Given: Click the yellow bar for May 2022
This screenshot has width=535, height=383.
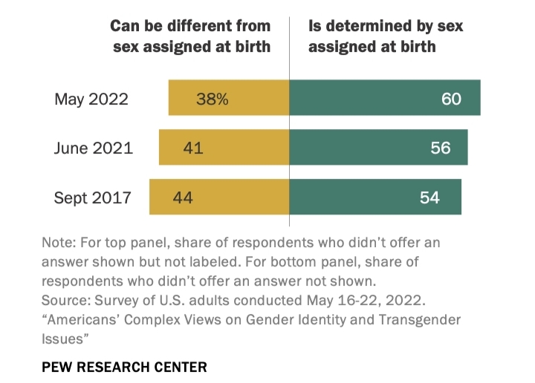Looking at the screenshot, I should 229,98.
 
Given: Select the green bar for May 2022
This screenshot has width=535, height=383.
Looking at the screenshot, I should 385,98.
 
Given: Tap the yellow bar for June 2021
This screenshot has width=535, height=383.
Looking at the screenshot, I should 224,148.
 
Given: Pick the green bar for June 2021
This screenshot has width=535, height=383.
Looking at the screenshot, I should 378,148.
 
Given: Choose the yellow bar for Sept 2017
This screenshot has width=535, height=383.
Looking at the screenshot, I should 219,197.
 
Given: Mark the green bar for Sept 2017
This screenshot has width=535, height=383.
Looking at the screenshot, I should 375,197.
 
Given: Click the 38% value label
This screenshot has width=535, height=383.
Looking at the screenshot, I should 212,98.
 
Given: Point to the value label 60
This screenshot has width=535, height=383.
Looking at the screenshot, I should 451,98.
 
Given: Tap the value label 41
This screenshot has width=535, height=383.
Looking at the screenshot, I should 192,148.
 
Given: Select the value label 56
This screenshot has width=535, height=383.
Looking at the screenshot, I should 440,148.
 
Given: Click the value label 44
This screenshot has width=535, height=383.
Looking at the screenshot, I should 184,197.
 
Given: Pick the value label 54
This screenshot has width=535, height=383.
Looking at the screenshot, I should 429,197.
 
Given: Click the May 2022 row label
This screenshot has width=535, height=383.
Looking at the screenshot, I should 91,99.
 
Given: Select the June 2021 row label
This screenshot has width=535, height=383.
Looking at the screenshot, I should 93,148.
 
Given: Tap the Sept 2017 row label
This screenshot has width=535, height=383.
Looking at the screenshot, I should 93,197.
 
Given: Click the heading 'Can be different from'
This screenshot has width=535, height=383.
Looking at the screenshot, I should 190,26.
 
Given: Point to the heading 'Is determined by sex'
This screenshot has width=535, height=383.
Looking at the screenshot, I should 386,26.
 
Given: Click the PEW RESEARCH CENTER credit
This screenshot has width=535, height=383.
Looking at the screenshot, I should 124,367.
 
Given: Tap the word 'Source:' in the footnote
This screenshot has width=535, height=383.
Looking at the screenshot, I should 68,301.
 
